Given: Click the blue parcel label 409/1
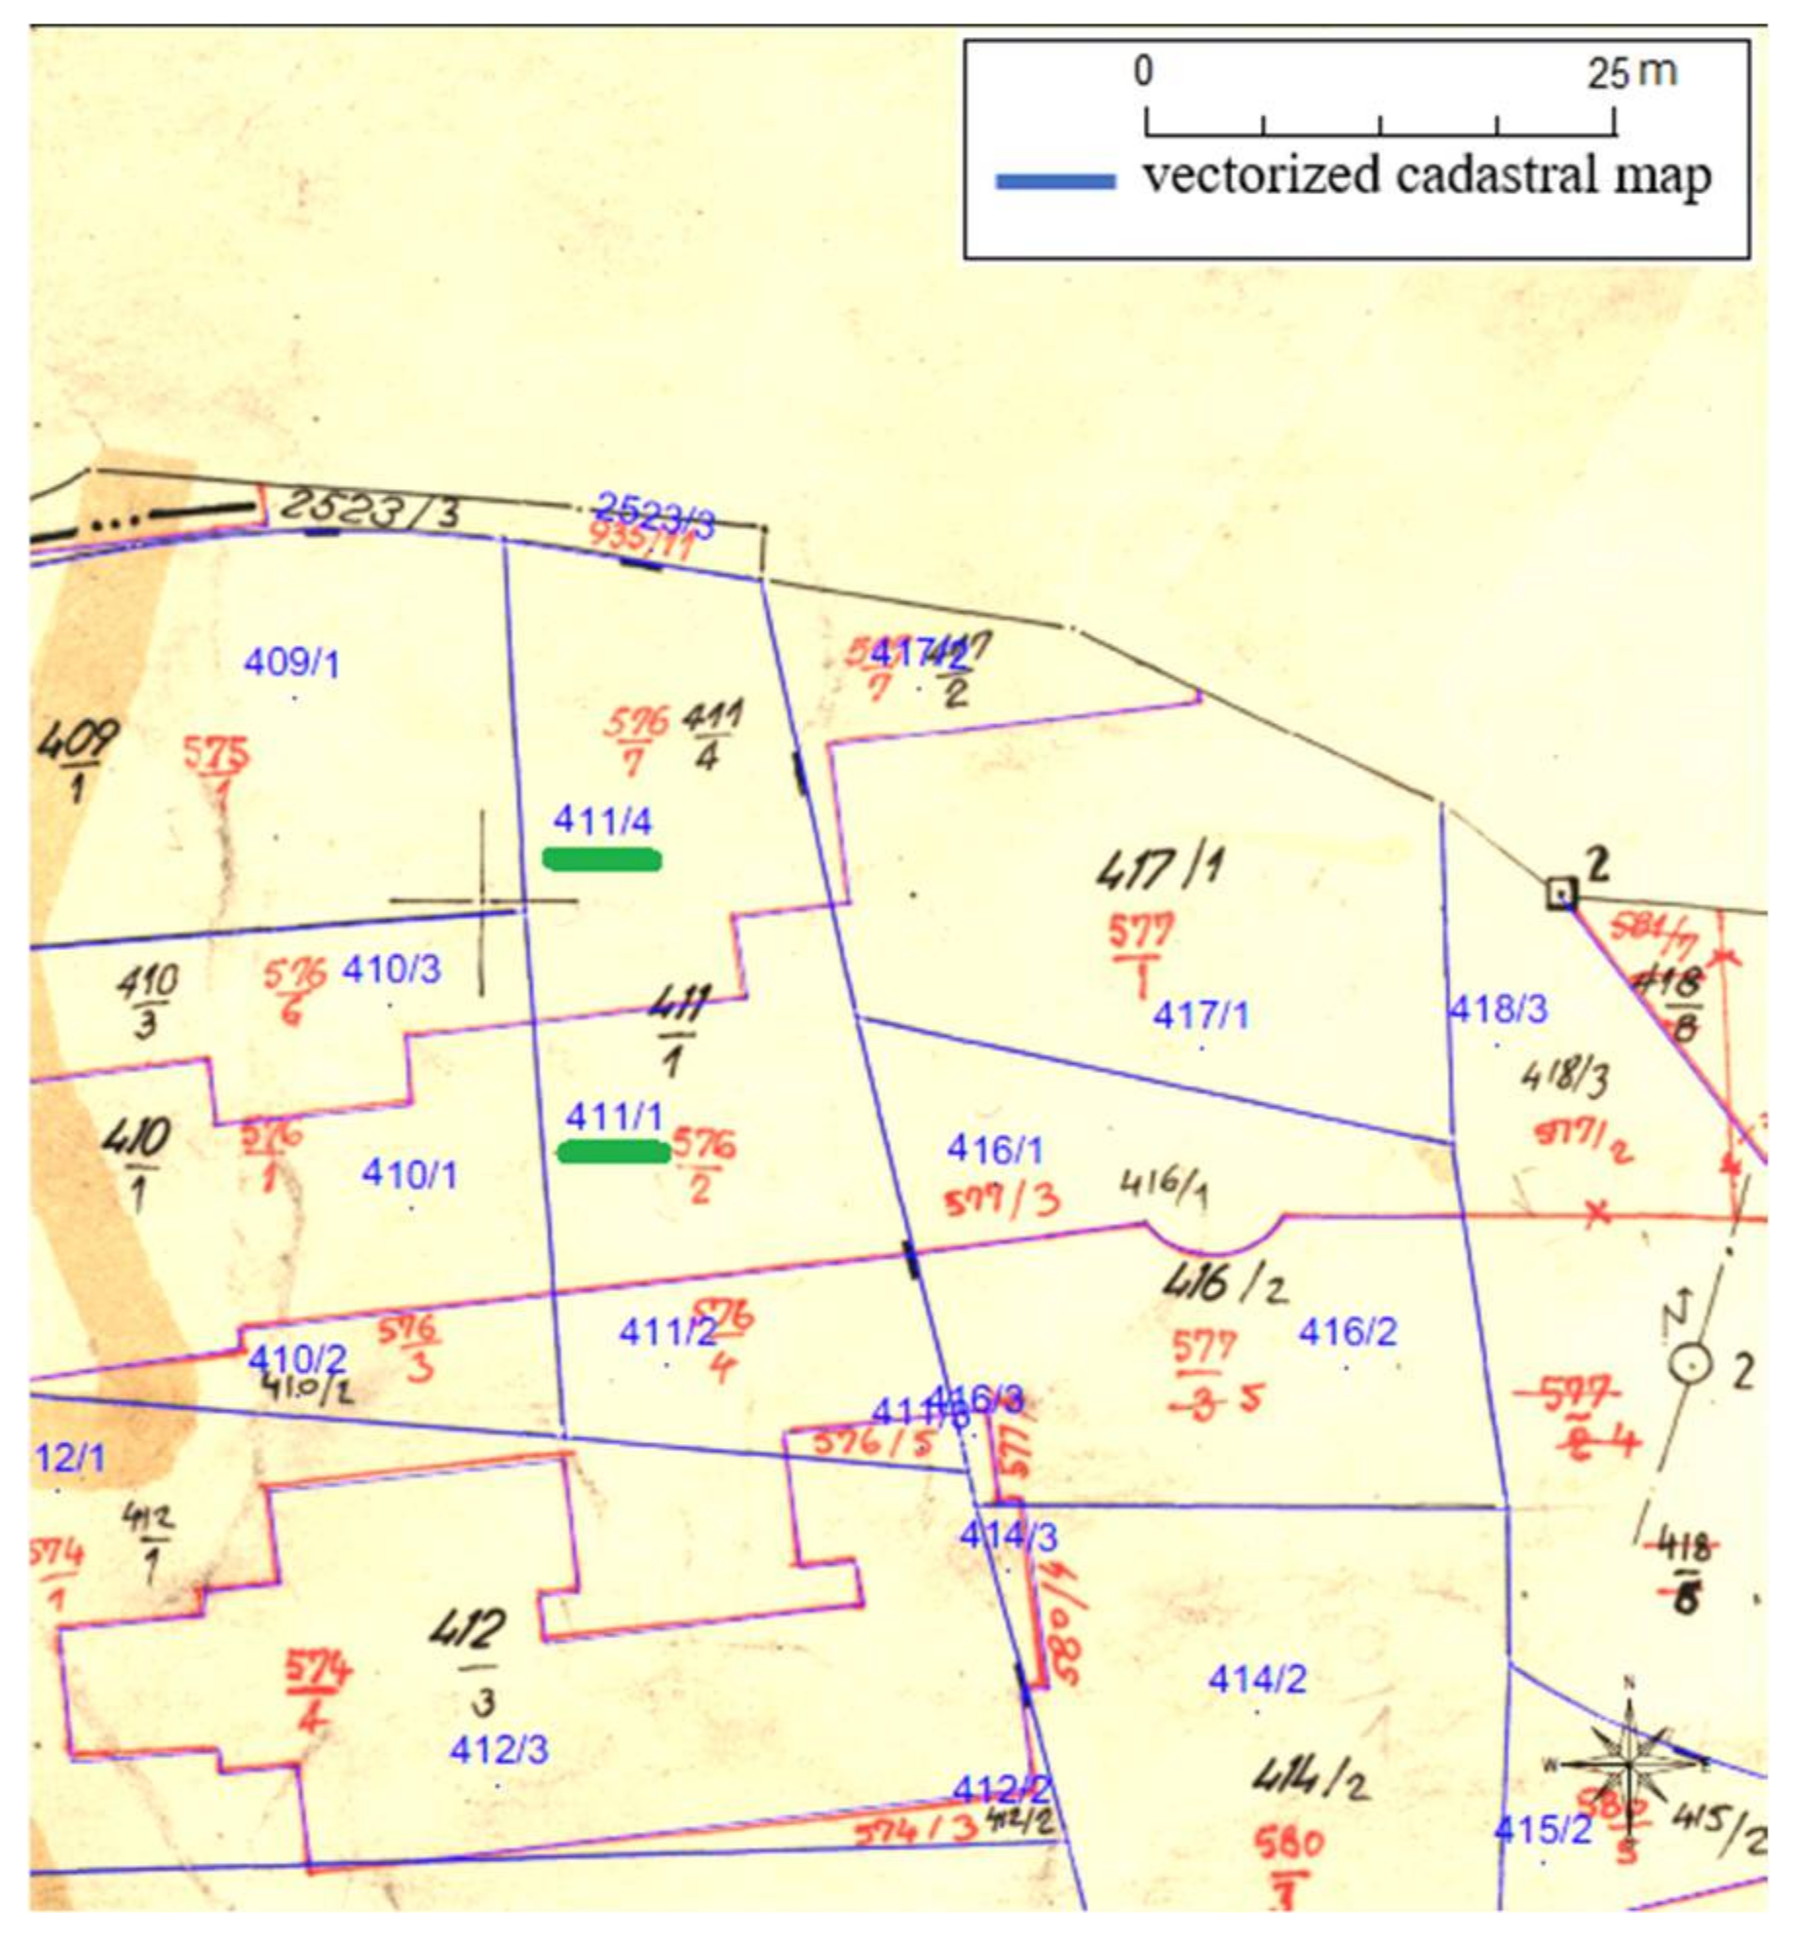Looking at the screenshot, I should pyautogui.click(x=291, y=664).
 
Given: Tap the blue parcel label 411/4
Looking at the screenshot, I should pyautogui.click(x=602, y=820).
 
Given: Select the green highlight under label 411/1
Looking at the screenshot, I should pyautogui.click(x=613, y=1153).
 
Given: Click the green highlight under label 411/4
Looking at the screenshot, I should pyautogui.click(x=601, y=859).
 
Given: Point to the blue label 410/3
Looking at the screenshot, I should pyautogui.click(x=391, y=970).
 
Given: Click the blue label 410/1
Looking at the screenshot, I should pyautogui.click(x=409, y=1174).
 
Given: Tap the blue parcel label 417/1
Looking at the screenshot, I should pyautogui.click(x=1200, y=1016).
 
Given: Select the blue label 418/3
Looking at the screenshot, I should pyautogui.click(x=1498, y=1009).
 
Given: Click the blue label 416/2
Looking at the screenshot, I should pyautogui.click(x=1347, y=1331).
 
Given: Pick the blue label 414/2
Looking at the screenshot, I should pyautogui.click(x=1257, y=1679).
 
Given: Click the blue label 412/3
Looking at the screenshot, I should pyautogui.click(x=499, y=1750).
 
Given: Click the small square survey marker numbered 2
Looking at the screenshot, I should pyautogui.click(x=1561, y=893).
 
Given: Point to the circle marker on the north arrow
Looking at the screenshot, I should pyautogui.click(x=1691, y=1364).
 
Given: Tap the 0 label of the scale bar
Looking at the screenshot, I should pyautogui.click(x=1144, y=71).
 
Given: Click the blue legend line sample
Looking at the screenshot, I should pyautogui.click(x=1055, y=181).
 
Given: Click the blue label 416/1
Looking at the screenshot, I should pyautogui.click(x=994, y=1150).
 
